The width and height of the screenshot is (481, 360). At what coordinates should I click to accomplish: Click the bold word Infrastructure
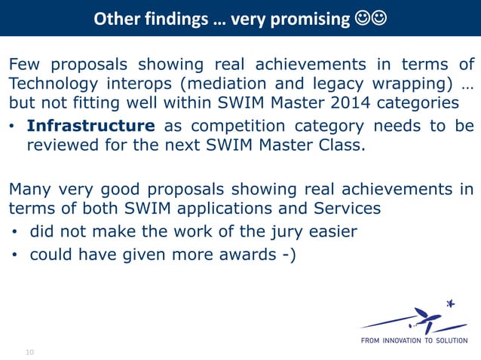[x=91, y=126]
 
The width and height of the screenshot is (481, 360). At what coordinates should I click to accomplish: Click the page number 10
[x=30, y=352]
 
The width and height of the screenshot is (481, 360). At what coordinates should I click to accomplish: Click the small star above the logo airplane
[x=452, y=304]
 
